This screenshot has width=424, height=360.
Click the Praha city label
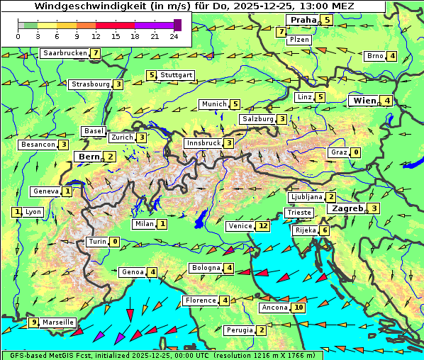tap(302, 20)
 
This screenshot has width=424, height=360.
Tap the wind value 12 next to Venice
tap(263, 226)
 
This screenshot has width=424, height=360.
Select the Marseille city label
tap(58, 322)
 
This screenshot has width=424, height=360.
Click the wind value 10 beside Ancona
tap(299, 308)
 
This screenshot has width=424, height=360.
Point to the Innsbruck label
tap(202, 143)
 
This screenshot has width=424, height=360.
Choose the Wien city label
tap(364, 101)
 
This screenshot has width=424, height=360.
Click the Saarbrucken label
tap(65, 53)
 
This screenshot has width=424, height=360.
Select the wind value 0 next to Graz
tap(356, 152)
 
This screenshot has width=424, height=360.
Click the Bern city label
tap(89, 157)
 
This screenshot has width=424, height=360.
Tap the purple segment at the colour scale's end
tap(177, 25)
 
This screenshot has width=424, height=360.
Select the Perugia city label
tap(239, 330)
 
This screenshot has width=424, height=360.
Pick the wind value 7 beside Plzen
tap(281, 32)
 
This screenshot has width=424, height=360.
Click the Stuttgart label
tap(177, 75)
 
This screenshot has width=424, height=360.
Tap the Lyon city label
tap(33, 212)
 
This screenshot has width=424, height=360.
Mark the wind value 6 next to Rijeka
tap(324, 230)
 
